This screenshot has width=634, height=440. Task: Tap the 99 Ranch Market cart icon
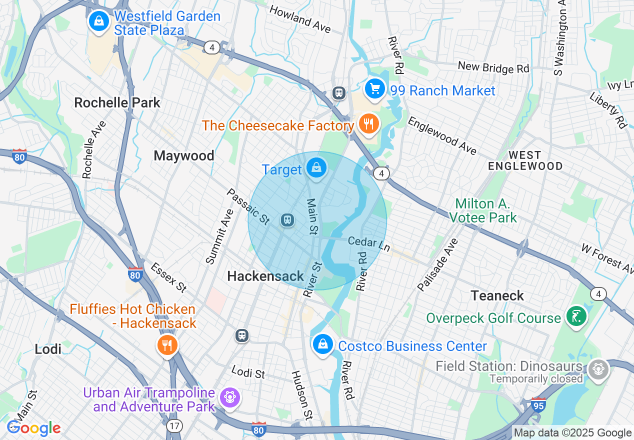click(x=374, y=89)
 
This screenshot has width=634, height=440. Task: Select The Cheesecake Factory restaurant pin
click(x=368, y=123)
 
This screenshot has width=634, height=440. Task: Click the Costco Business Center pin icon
click(x=323, y=344)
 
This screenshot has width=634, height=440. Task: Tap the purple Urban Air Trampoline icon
click(x=230, y=397)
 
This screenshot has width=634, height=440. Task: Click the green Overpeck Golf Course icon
click(x=576, y=316)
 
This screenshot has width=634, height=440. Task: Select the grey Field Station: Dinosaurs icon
click(x=597, y=369)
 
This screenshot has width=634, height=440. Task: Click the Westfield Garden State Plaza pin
click(x=99, y=21)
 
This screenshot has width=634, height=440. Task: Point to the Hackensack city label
click(x=265, y=276)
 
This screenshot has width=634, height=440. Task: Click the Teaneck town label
click(x=497, y=295)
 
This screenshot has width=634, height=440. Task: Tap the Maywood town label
click(x=184, y=156)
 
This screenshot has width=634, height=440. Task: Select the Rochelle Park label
click(x=117, y=103)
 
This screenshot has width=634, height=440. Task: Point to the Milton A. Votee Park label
click(x=482, y=210)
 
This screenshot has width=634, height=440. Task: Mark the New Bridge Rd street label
click(x=493, y=67)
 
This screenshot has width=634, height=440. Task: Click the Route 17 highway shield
click(x=175, y=426)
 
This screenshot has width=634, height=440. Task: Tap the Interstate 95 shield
click(x=538, y=403)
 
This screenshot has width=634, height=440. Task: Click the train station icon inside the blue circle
click(x=287, y=220)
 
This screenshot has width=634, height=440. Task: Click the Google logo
click(x=34, y=428)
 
